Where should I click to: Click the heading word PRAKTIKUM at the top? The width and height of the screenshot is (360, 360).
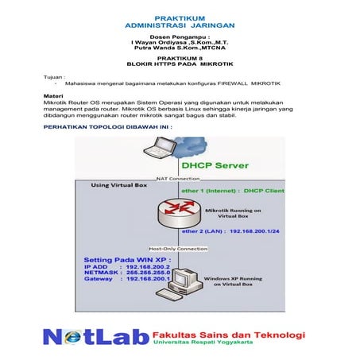coord(179,15)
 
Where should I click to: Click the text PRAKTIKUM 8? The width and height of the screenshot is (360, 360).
coord(179,64)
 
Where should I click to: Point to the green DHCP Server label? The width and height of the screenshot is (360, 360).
coord(215,166)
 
